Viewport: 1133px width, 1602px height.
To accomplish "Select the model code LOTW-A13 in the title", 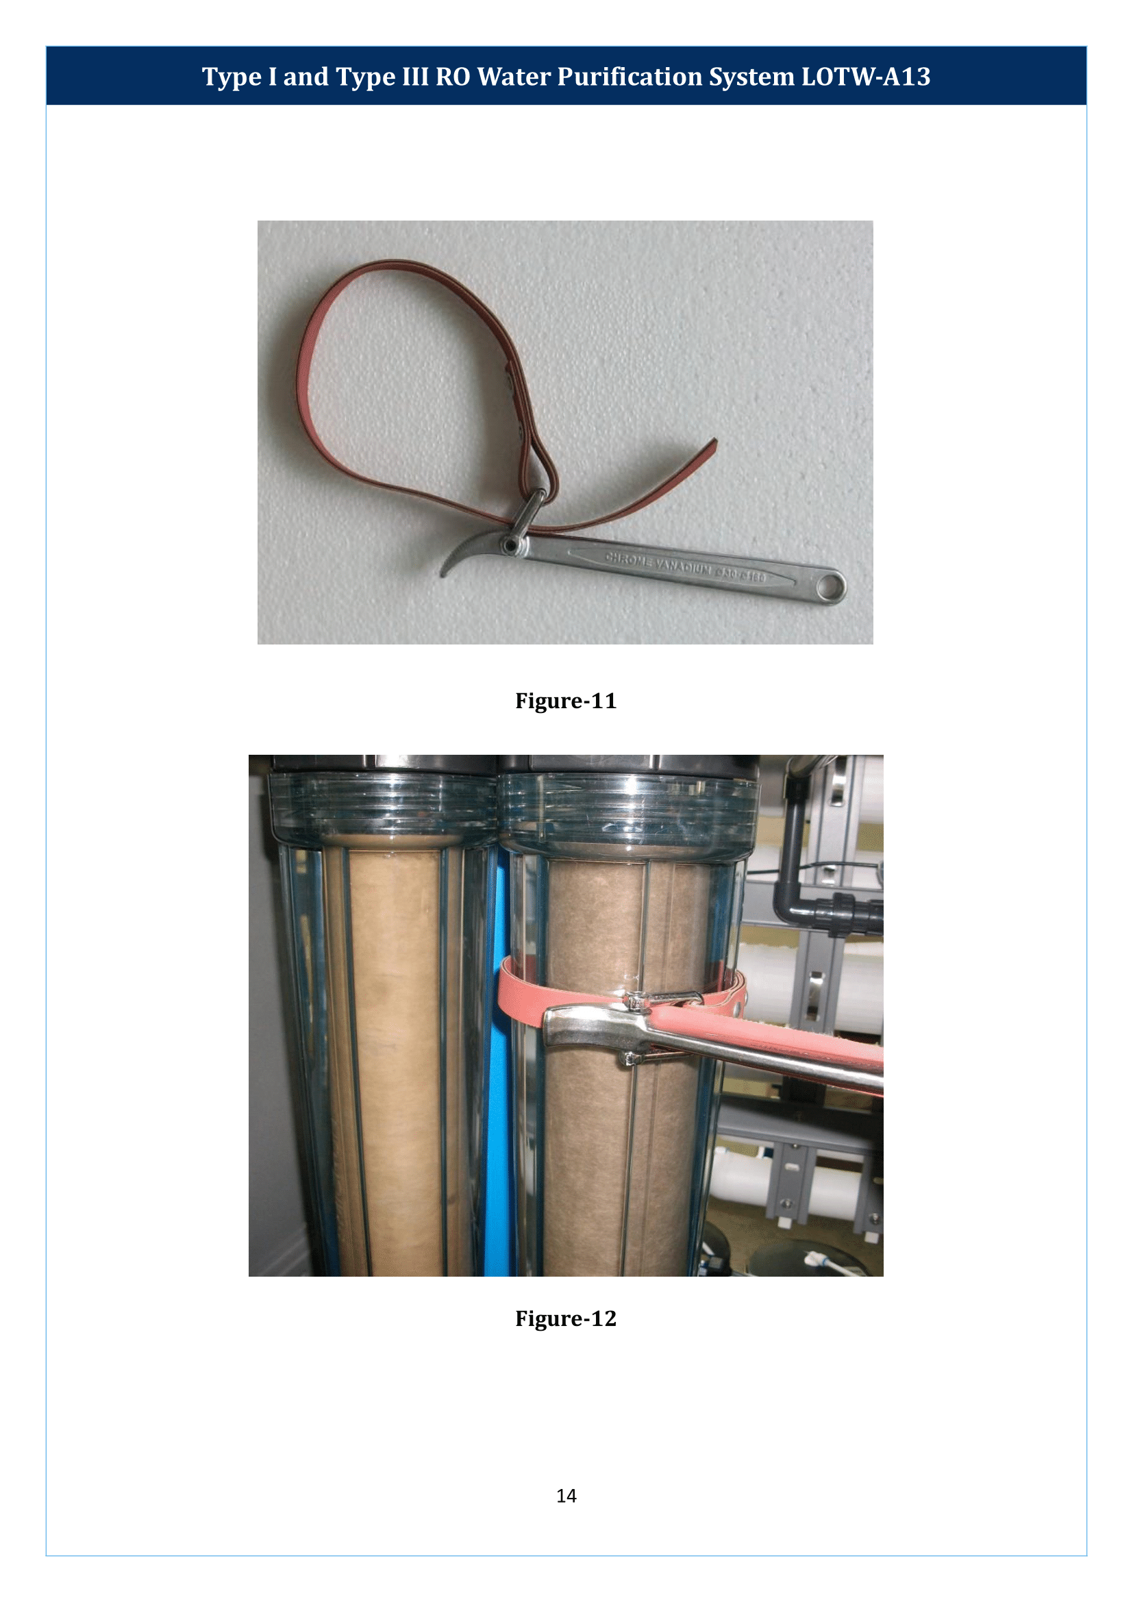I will (865, 77).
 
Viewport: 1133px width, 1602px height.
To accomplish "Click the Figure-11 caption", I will (566, 701).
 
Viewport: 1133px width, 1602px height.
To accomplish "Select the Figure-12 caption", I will (566, 1318).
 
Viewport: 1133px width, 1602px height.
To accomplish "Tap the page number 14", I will (566, 1495).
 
